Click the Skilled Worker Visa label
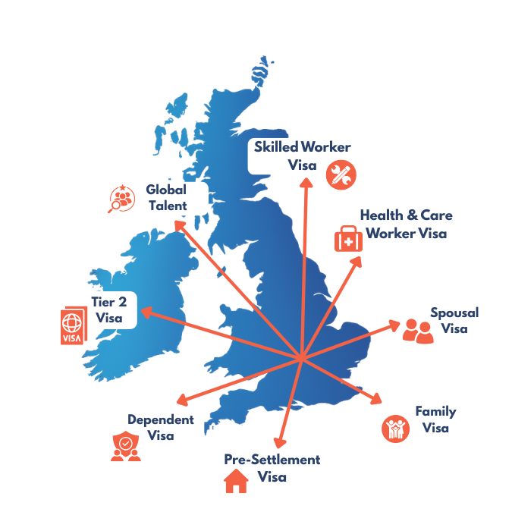click(x=297, y=155)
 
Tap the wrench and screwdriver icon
click(x=341, y=175)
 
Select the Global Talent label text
click(x=166, y=197)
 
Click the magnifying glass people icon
click(x=121, y=199)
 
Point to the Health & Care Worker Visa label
click(x=406, y=225)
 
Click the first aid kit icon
click(x=349, y=239)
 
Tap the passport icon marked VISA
click(x=74, y=327)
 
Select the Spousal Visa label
click(x=454, y=320)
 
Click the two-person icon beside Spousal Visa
click(x=417, y=330)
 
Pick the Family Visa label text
click(x=435, y=419)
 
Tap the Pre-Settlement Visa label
click(x=272, y=468)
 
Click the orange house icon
click(x=236, y=481)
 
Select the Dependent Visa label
click(x=160, y=427)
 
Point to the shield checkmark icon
click(x=125, y=445)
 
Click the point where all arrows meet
click(x=301, y=357)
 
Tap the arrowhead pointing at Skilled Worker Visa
click(x=306, y=183)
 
